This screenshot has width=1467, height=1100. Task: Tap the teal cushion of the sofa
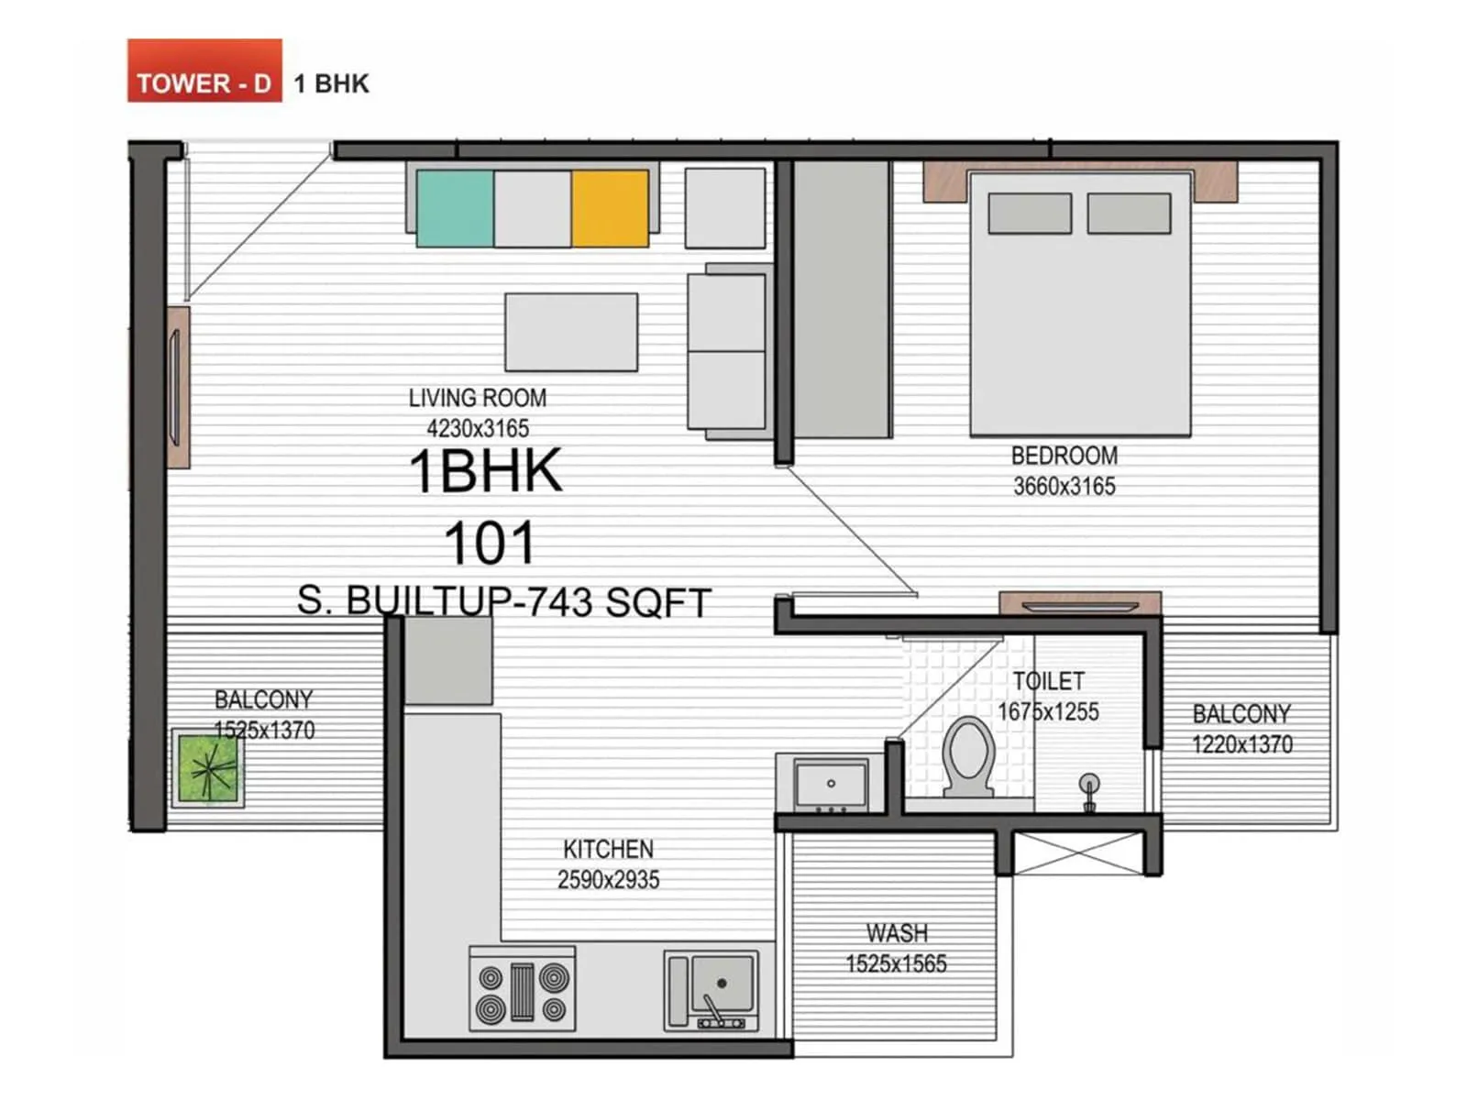[455, 208]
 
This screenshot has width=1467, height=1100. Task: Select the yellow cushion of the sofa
[610, 208]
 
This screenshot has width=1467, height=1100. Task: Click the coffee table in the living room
[571, 332]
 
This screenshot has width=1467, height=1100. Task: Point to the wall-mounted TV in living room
[175, 388]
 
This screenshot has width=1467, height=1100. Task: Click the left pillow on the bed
[1030, 214]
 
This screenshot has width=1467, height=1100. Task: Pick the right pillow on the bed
[1129, 214]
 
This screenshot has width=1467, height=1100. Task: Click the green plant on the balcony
[208, 768]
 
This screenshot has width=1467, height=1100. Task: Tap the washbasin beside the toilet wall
[831, 785]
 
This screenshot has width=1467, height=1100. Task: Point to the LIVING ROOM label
[477, 398]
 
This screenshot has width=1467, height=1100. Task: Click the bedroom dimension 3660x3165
[1064, 487]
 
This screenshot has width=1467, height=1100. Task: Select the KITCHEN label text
[608, 849]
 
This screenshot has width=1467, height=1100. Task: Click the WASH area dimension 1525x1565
[896, 964]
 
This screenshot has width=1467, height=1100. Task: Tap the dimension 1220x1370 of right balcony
[1241, 744]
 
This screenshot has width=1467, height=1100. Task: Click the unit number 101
[490, 544]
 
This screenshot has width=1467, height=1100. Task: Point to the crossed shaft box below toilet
[1078, 853]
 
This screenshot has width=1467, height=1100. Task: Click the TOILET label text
[1048, 681]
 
